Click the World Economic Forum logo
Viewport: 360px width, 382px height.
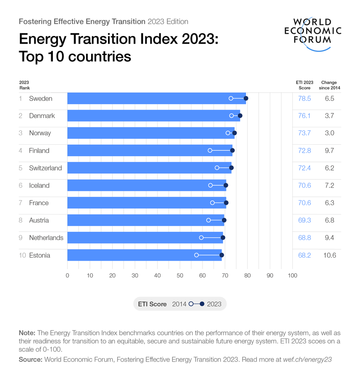pyautogui.click(x=313, y=33)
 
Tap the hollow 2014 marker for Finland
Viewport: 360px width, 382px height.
pyautogui.click(x=210, y=151)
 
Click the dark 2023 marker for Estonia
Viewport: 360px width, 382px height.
pyautogui.click(x=222, y=255)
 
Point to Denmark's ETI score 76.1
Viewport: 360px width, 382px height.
pyautogui.click(x=304, y=116)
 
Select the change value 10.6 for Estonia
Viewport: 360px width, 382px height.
pyautogui.click(x=329, y=255)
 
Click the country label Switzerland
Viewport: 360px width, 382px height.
pyautogui.click(x=45, y=168)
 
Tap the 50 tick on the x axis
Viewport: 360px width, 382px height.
pyautogui.click(x=180, y=276)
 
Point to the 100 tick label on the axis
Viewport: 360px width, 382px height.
pyautogui.click(x=292, y=276)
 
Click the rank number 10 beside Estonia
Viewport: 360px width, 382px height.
pyautogui.click(x=22, y=255)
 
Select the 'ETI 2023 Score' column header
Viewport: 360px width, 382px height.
pyautogui.click(x=304, y=85)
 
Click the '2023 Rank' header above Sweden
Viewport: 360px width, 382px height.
pyautogui.click(x=24, y=85)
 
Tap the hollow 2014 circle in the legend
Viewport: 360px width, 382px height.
pyautogui.click(x=191, y=304)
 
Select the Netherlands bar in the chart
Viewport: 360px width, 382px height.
pyautogui.click(x=144, y=238)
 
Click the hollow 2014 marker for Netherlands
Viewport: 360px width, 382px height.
pyautogui.click(x=201, y=238)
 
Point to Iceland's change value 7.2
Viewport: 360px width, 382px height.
pyautogui.click(x=329, y=185)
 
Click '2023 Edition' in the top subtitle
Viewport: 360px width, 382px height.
pyautogui.click(x=168, y=21)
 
